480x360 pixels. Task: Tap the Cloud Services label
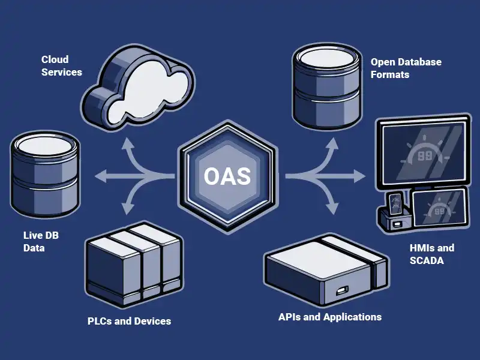coord(61,65)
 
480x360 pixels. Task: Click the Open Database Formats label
coord(406,68)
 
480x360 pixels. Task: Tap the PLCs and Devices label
coord(129,321)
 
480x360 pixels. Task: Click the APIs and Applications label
coord(329,317)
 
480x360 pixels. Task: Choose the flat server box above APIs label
coord(324,271)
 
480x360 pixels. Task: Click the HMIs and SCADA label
coord(431,254)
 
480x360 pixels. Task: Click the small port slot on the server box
coord(343,292)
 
